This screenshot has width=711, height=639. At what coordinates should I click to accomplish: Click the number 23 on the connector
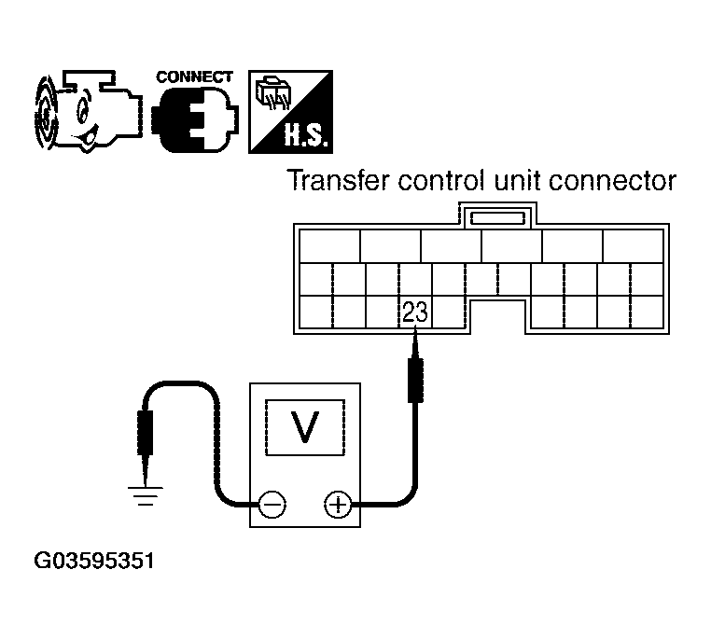coord(415,312)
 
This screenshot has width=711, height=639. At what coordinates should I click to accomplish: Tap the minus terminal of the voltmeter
coord(272,505)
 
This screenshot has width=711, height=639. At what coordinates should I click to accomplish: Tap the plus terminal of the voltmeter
coord(339,505)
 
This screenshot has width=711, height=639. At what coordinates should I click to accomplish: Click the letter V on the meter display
coord(305,426)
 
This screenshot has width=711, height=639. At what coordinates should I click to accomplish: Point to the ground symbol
coord(146,495)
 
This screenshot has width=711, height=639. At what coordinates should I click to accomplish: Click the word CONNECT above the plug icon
coord(194,77)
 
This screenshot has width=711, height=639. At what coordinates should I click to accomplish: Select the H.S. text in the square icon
coord(306,134)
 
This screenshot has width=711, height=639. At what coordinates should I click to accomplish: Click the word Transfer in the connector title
coord(339,180)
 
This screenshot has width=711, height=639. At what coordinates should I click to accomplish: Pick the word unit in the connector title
coord(517,180)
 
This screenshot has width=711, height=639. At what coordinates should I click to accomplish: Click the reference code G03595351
coord(94,561)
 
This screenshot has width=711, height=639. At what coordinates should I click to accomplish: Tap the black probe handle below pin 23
coord(415,381)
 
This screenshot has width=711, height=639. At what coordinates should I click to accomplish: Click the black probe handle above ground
coord(146,432)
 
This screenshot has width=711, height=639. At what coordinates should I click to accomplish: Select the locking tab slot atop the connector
coord(497,218)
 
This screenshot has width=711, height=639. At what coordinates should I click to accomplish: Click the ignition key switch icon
coord(89,112)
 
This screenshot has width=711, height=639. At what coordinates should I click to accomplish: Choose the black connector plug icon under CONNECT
coord(195,119)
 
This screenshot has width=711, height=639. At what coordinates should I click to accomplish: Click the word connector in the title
coord(612,181)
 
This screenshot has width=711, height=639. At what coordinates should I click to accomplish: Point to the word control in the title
coord(441,180)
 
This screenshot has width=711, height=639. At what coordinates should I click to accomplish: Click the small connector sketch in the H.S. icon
coord(273,94)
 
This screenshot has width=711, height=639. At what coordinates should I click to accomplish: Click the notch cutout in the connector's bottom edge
coord(497,316)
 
